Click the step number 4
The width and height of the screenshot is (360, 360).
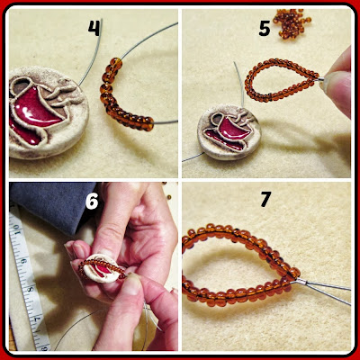click(94, 28)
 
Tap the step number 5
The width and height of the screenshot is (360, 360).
click(265, 28)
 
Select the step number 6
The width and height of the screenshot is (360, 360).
click(92, 201)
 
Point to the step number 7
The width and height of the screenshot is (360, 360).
click(265, 200)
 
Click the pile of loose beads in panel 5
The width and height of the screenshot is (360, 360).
click(292, 23)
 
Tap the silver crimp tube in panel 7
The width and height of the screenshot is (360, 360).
click(301, 282)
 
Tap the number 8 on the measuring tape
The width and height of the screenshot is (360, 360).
click(30, 290)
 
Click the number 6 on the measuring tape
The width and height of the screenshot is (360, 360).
click(23, 261)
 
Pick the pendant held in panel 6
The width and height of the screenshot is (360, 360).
click(101, 268)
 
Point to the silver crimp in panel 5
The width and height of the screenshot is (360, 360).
click(319, 79)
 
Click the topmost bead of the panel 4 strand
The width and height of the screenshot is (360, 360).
click(117, 63)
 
